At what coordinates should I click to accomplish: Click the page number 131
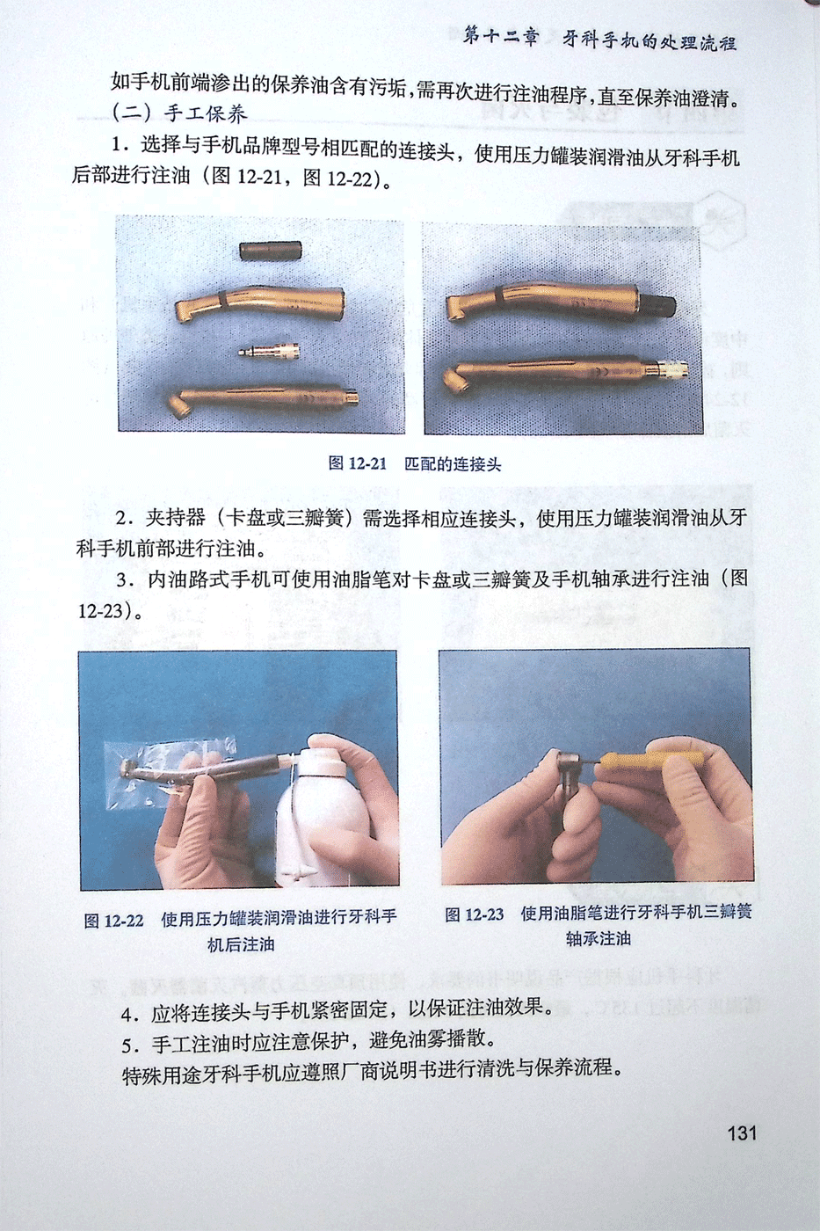(x=742, y=1133)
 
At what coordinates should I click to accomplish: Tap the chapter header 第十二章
(x=502, y=38)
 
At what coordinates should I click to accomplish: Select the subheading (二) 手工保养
(x=178, y=113)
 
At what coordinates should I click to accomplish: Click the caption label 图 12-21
(x=358, y=463)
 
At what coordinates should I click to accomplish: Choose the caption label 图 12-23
(x=474, y=914)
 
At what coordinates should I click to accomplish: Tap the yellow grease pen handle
(x=651, y=761)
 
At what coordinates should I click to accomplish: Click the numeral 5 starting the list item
(x=127, y=1045)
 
